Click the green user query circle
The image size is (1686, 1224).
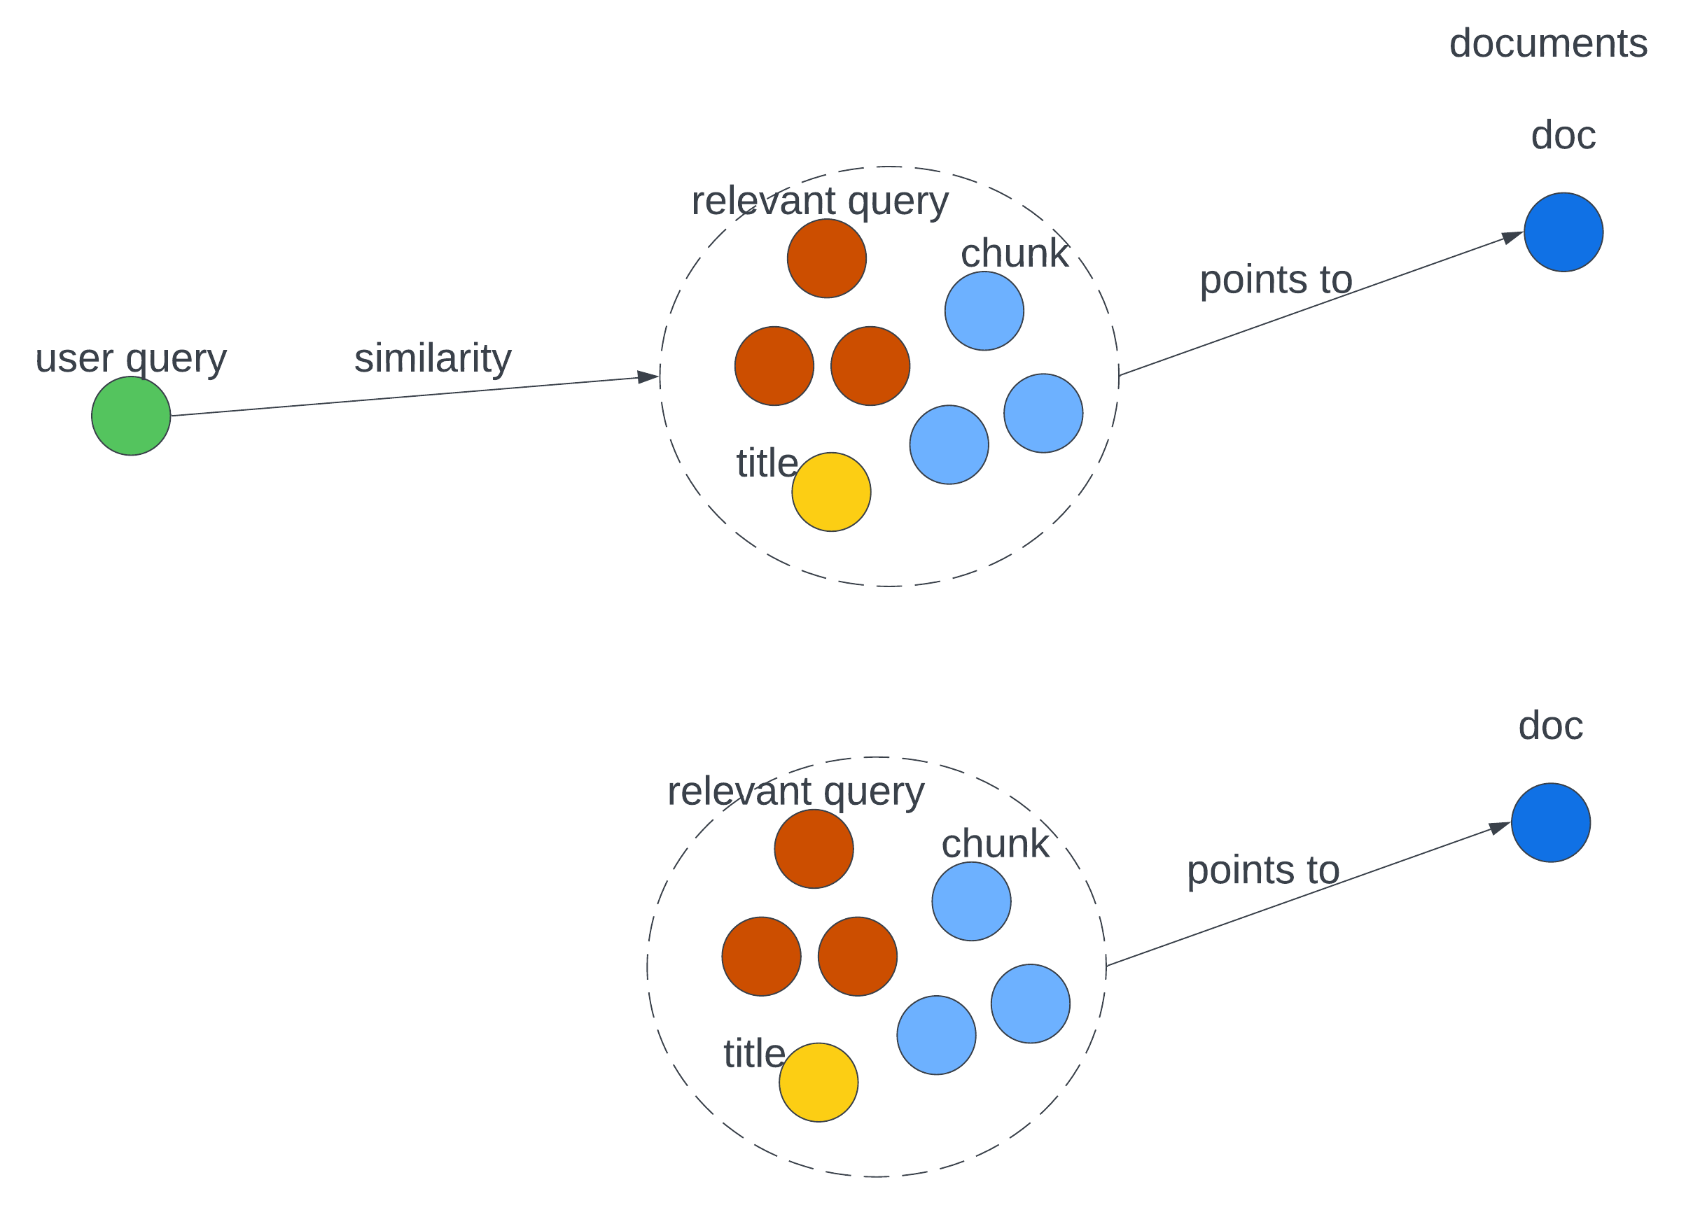tap(131, 416)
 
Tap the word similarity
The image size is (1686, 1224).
tap(433, 358)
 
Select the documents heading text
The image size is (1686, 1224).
tap(1548, 43)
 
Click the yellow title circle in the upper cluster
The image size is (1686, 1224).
tap(831, 492)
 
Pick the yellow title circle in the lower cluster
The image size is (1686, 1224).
tap(818, 1082)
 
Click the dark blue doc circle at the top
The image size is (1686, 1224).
tap(1563, 232)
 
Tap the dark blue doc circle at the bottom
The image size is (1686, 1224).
tap(1551, 823)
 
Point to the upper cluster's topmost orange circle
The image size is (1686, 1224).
tap(827, 259)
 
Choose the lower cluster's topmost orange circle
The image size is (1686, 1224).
tap(814, 849)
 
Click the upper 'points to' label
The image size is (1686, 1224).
tap(1276, 280)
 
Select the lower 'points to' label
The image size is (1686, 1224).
tap(1263, 871)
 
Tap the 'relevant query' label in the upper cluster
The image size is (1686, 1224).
tap(820, 201)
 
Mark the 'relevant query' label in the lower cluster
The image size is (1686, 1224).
tap(795, 792)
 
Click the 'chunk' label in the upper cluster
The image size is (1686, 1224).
tap(1014, 253)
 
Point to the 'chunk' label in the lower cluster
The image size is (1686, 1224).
tap(995, 844)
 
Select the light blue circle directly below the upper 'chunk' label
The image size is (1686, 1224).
tap(984, 311)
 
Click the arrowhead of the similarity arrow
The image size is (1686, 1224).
tap(649, 377)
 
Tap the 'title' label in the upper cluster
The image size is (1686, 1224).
tap(767, 463)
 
